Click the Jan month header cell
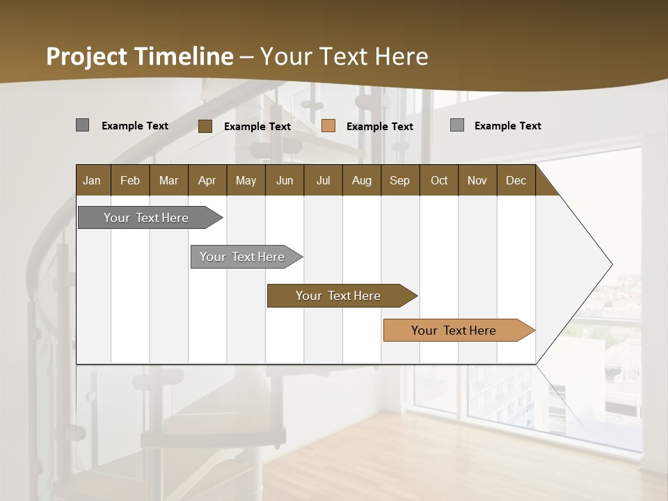(x=93, y=180)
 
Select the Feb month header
(x=130, y=180)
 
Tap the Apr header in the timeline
(x=207, y=180)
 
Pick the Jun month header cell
(x=285, y=180)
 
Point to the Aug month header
(x=361, y=180)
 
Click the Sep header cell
(x=400, y=180)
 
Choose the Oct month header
(x=439, y=180)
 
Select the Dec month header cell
(x=516, y=180)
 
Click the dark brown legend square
(x=205, y=126)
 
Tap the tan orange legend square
(x=328, y=126)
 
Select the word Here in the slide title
(x=401, y=56)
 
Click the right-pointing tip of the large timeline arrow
(x=610, y=264)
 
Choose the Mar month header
(x=168, y=180)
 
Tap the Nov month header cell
(x=477, y=180)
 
